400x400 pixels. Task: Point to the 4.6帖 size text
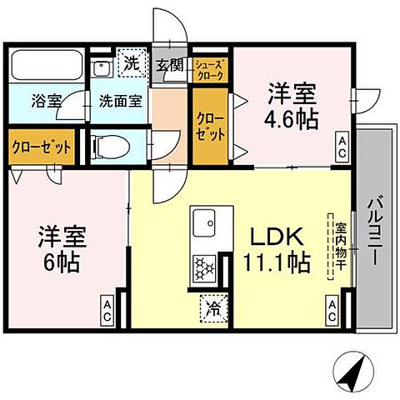[292, 118]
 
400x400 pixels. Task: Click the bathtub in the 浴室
[45, 64]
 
